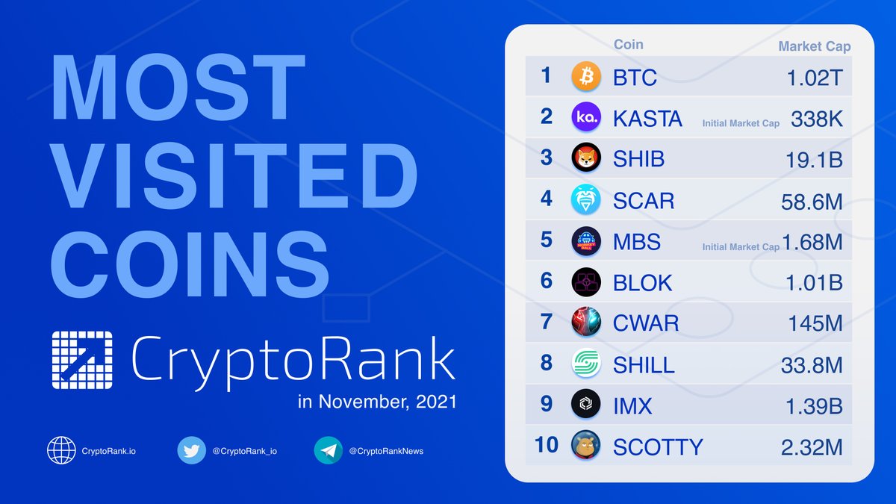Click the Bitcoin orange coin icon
[586, 76]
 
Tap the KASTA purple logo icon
[586, 117]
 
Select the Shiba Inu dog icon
[586, 158]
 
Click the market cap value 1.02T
[815, 77]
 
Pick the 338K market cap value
[816, 118]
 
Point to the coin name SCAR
[644, 200]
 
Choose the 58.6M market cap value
[810, 200]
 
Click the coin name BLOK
[643, 282]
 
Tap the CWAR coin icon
[586, 323]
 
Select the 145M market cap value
[815, 323]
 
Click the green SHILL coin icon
[586, 364]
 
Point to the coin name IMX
[632, 405]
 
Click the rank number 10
[547, 445]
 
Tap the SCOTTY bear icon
[586, 446]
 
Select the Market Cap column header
[815, 46]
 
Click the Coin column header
[628, 44]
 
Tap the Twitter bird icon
[191, 450]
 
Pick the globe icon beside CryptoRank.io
[61, 450]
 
